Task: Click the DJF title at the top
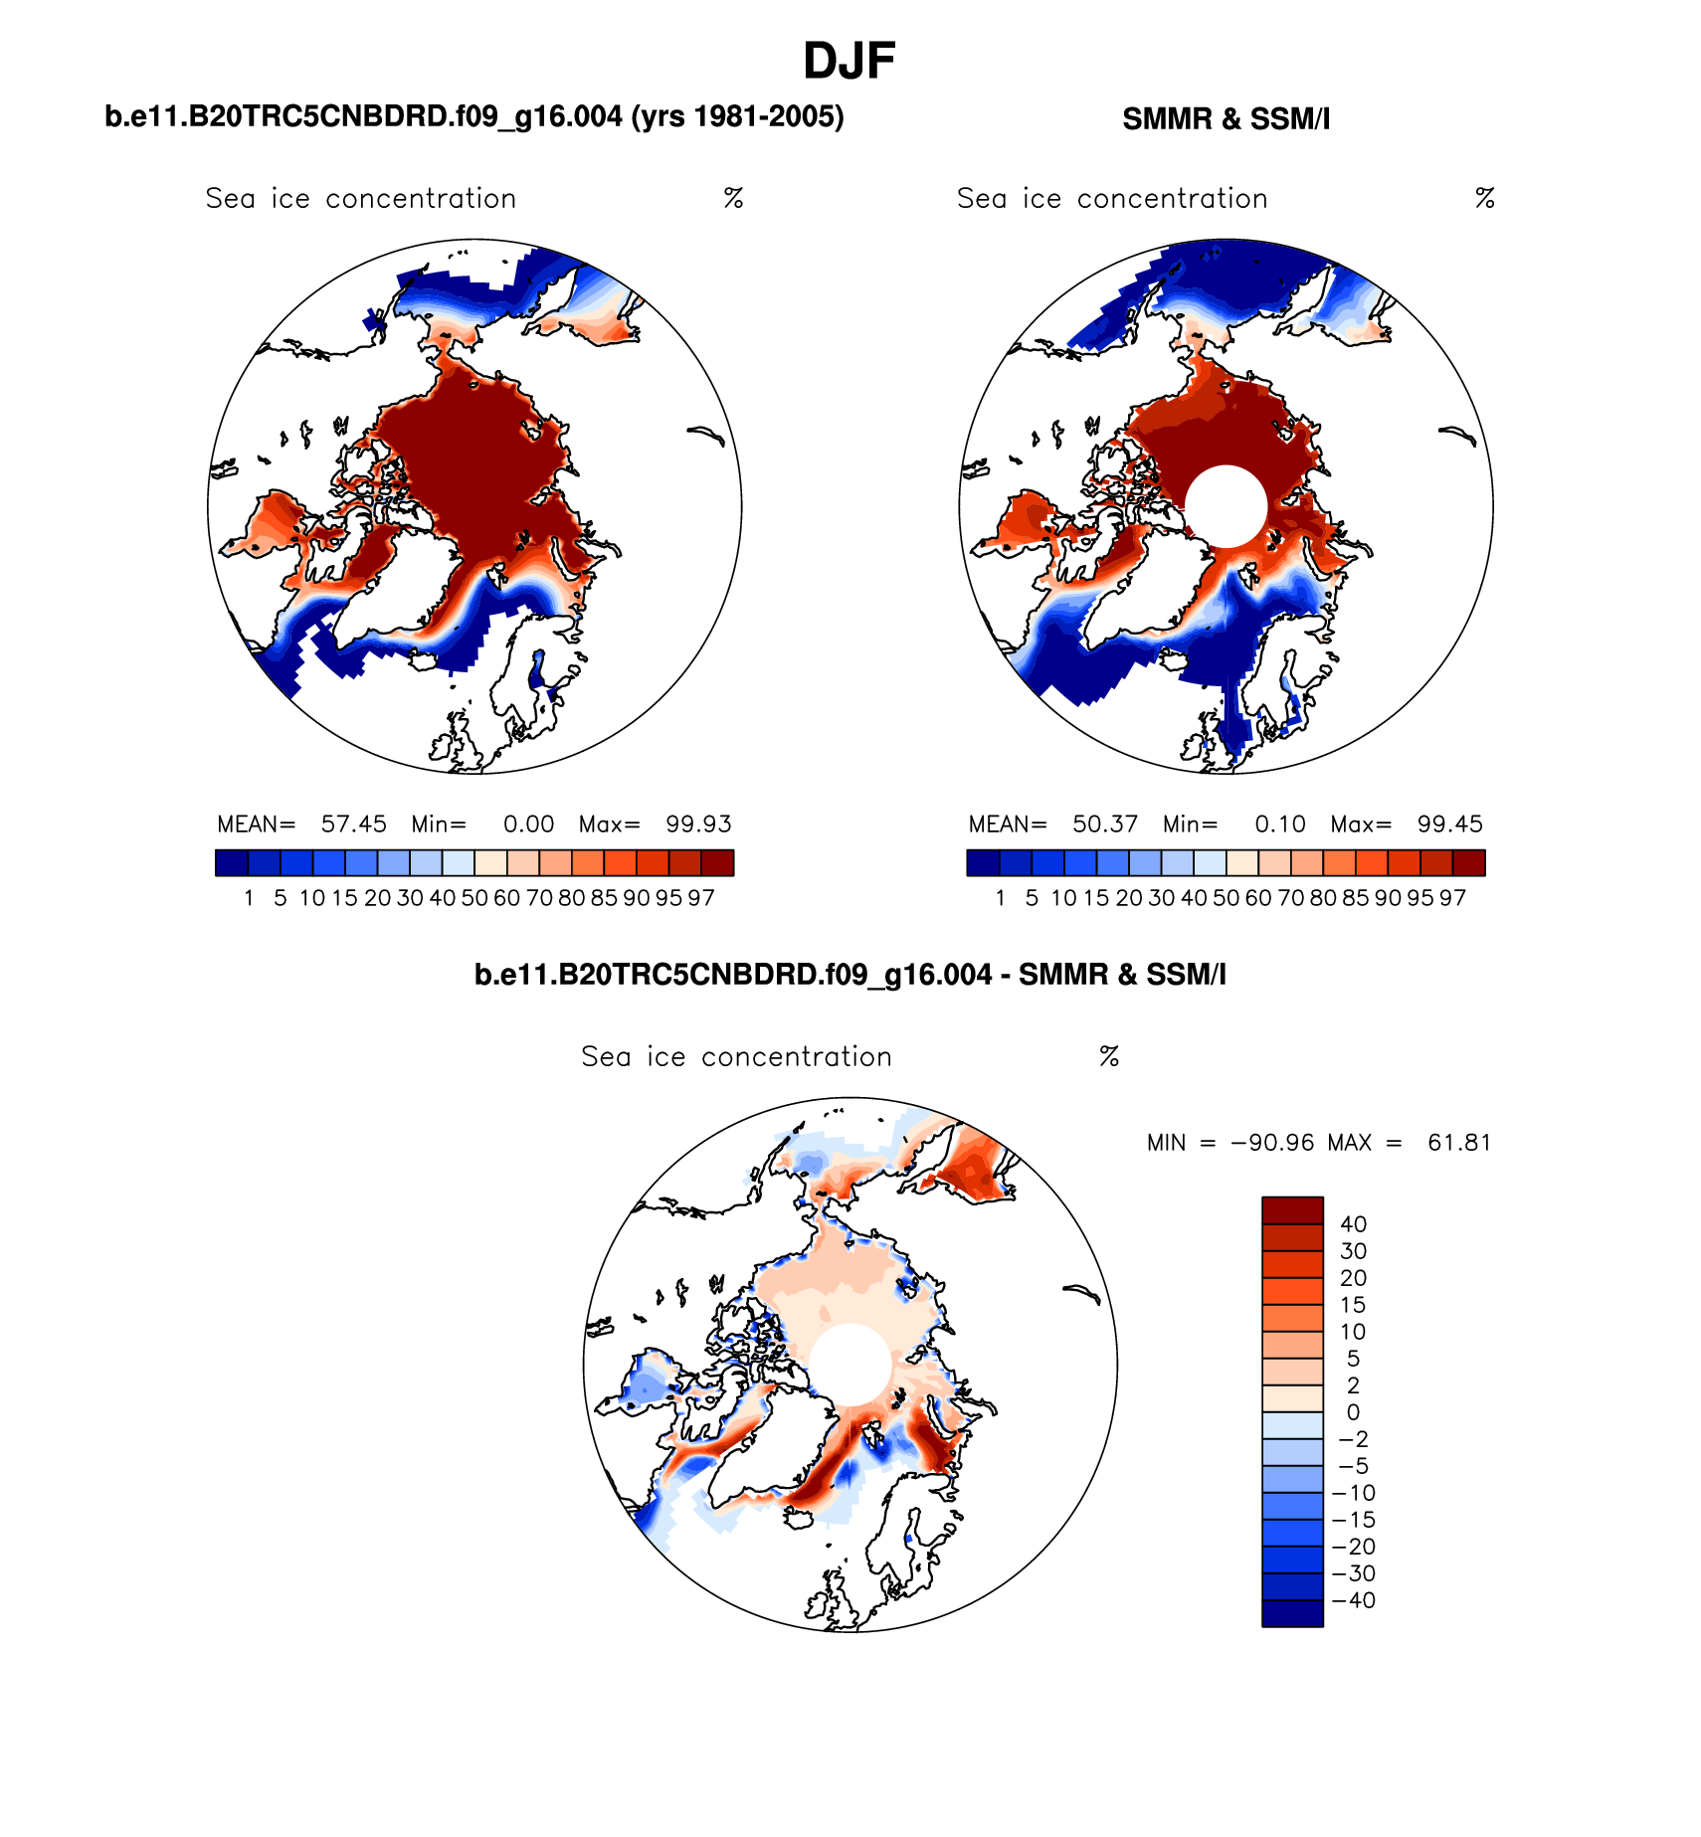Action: coord(849,62)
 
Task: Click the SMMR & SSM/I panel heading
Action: coord(1226,119)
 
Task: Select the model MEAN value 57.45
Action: coord(353,825)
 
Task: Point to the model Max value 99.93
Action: coord(698,825)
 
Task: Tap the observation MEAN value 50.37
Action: coord(1104,825)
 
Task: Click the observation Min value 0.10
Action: coord(1279,825)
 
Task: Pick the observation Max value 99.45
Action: coord(1449,825)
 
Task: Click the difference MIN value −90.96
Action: coord(1272,1143)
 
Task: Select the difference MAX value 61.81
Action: coord(1459,1143)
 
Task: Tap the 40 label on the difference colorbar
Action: coord(1353,1224)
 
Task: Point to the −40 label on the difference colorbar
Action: coord(1354,1600)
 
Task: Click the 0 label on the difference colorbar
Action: coord(1353,1412)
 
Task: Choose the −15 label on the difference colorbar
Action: coord(1354,1520)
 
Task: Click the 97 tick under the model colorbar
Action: coord(701,898)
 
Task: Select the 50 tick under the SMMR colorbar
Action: coord(1226,898)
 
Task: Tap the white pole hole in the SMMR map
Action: coord(1227,505)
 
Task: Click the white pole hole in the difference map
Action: coord(850,1364)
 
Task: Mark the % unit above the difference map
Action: coord(1109,1056)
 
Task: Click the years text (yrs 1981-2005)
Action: coord(737,117)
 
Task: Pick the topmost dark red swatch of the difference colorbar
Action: coord(1292,1210)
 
